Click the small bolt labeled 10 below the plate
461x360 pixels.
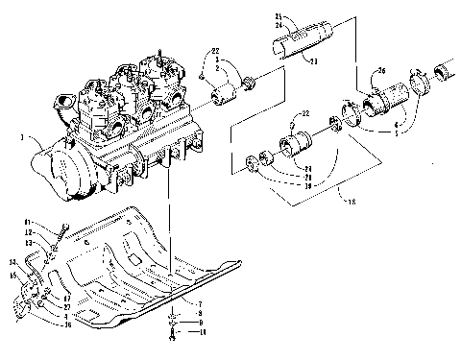click(x=170, y=332)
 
